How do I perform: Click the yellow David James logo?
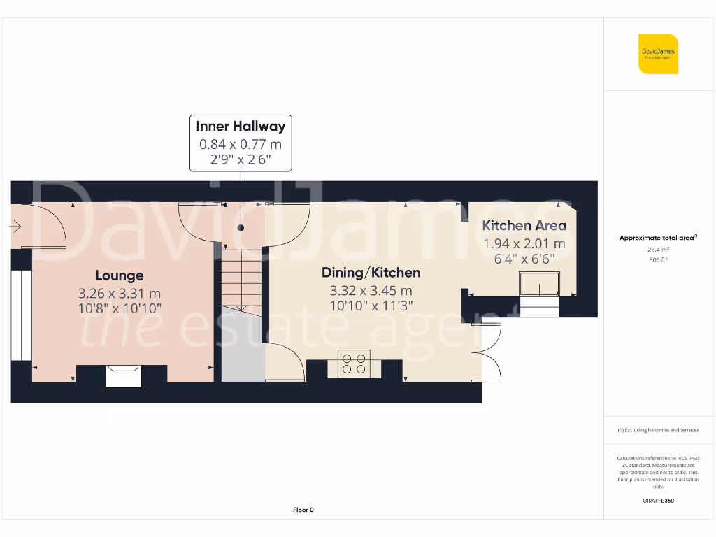[x=658, y=54]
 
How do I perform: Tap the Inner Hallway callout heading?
[x=241, y=127]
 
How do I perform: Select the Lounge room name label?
[x=120, y=275]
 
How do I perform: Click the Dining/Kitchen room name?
[x=371, y=273]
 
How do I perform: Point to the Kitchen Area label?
[x=524, y=226]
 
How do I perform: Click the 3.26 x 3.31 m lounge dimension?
[x=120, y=294]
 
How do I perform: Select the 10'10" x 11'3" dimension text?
[x=371, y=305]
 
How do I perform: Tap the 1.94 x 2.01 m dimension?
[x=524, y=243]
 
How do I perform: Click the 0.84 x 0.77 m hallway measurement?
[x=241, y=145]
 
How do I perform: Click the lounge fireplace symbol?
[x=123, y=375]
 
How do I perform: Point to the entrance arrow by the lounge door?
[x=16, y=227]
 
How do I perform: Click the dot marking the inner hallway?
[x=241, y=228]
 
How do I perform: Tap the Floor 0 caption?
[x=303, y=510]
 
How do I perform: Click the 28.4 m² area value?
[x=658, y=248]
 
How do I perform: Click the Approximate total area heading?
[x=658, y=238]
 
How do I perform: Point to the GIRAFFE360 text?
[x=658, y=501]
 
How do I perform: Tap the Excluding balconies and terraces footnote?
[x=658, y=430]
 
